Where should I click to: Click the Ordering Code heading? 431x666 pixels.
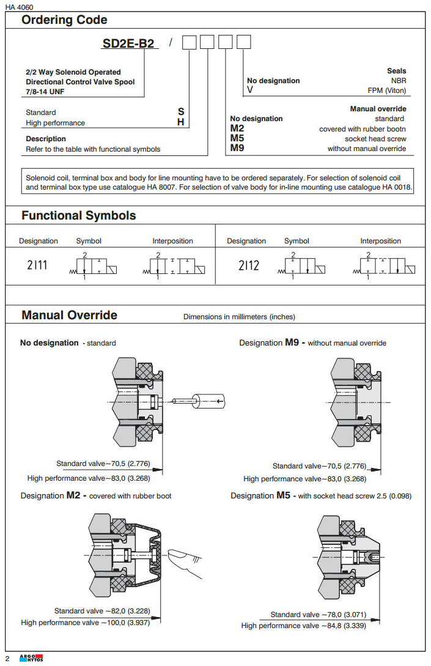click(64, 20)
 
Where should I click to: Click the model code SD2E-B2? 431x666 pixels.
click(128, 43)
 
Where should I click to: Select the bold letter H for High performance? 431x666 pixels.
click(181, 122)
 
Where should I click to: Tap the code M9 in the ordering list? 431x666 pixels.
click(237, 149)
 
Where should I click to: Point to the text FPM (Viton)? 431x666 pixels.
click(386, 91)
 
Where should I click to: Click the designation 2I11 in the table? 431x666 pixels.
click(38, 265)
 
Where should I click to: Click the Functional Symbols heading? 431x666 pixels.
click(79, 215)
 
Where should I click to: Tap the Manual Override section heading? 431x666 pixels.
click(69, 316)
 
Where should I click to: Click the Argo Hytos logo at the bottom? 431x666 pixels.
click(27, 658)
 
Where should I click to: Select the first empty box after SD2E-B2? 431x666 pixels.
click(190, 43)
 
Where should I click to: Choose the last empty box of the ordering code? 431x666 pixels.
click(243, 43)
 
